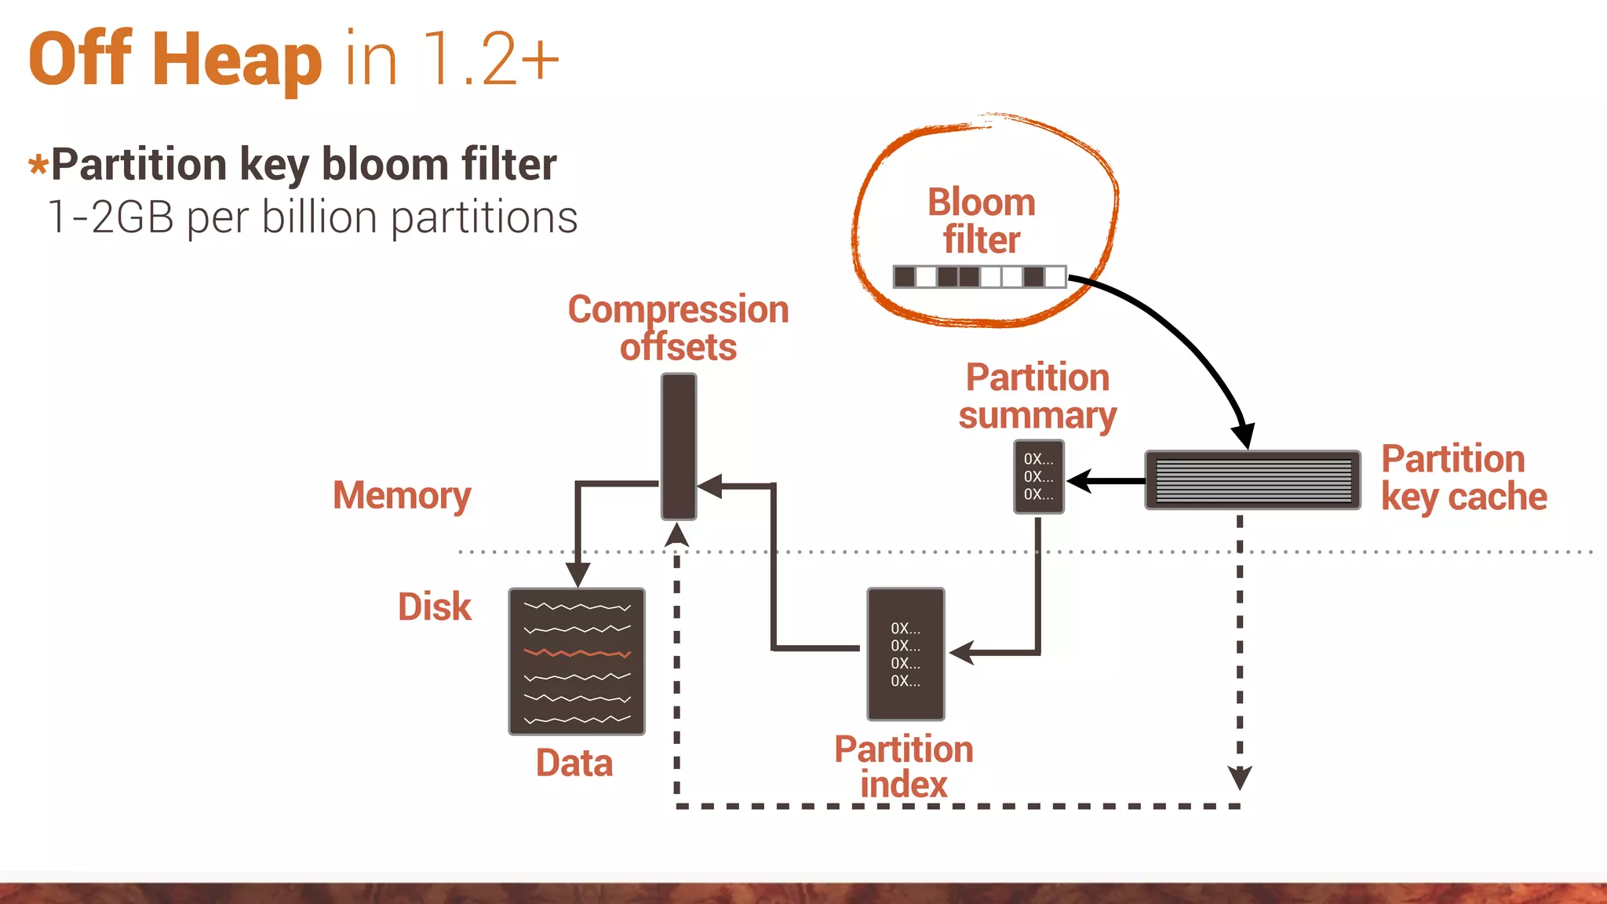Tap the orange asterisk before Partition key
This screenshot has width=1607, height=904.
(38, 165)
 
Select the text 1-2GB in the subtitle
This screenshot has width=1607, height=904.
(110, 217)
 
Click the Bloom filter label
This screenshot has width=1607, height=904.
(981, 221)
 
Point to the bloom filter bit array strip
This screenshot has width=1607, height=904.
(979, 276)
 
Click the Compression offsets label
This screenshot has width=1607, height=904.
(678, 328)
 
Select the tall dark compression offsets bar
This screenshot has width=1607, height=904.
(679, 446)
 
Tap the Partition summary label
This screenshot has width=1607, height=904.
(1037, 396)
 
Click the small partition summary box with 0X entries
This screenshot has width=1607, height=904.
(1038, 476)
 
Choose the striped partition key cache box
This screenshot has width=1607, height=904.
(1252, 480)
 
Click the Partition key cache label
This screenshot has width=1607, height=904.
(1463, 477)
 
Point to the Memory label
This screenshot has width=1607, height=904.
(402, 495)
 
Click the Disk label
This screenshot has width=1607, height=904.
(434, 607)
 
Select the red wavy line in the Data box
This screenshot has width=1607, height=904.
(577, 653)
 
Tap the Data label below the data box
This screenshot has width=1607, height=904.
(574, 763)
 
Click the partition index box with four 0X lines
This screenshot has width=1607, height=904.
(906, 654)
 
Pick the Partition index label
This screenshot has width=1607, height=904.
(903, 767)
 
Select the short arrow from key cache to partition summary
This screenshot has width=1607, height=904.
(1106, 481)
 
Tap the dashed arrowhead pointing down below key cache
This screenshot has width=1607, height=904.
(1239, 777)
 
